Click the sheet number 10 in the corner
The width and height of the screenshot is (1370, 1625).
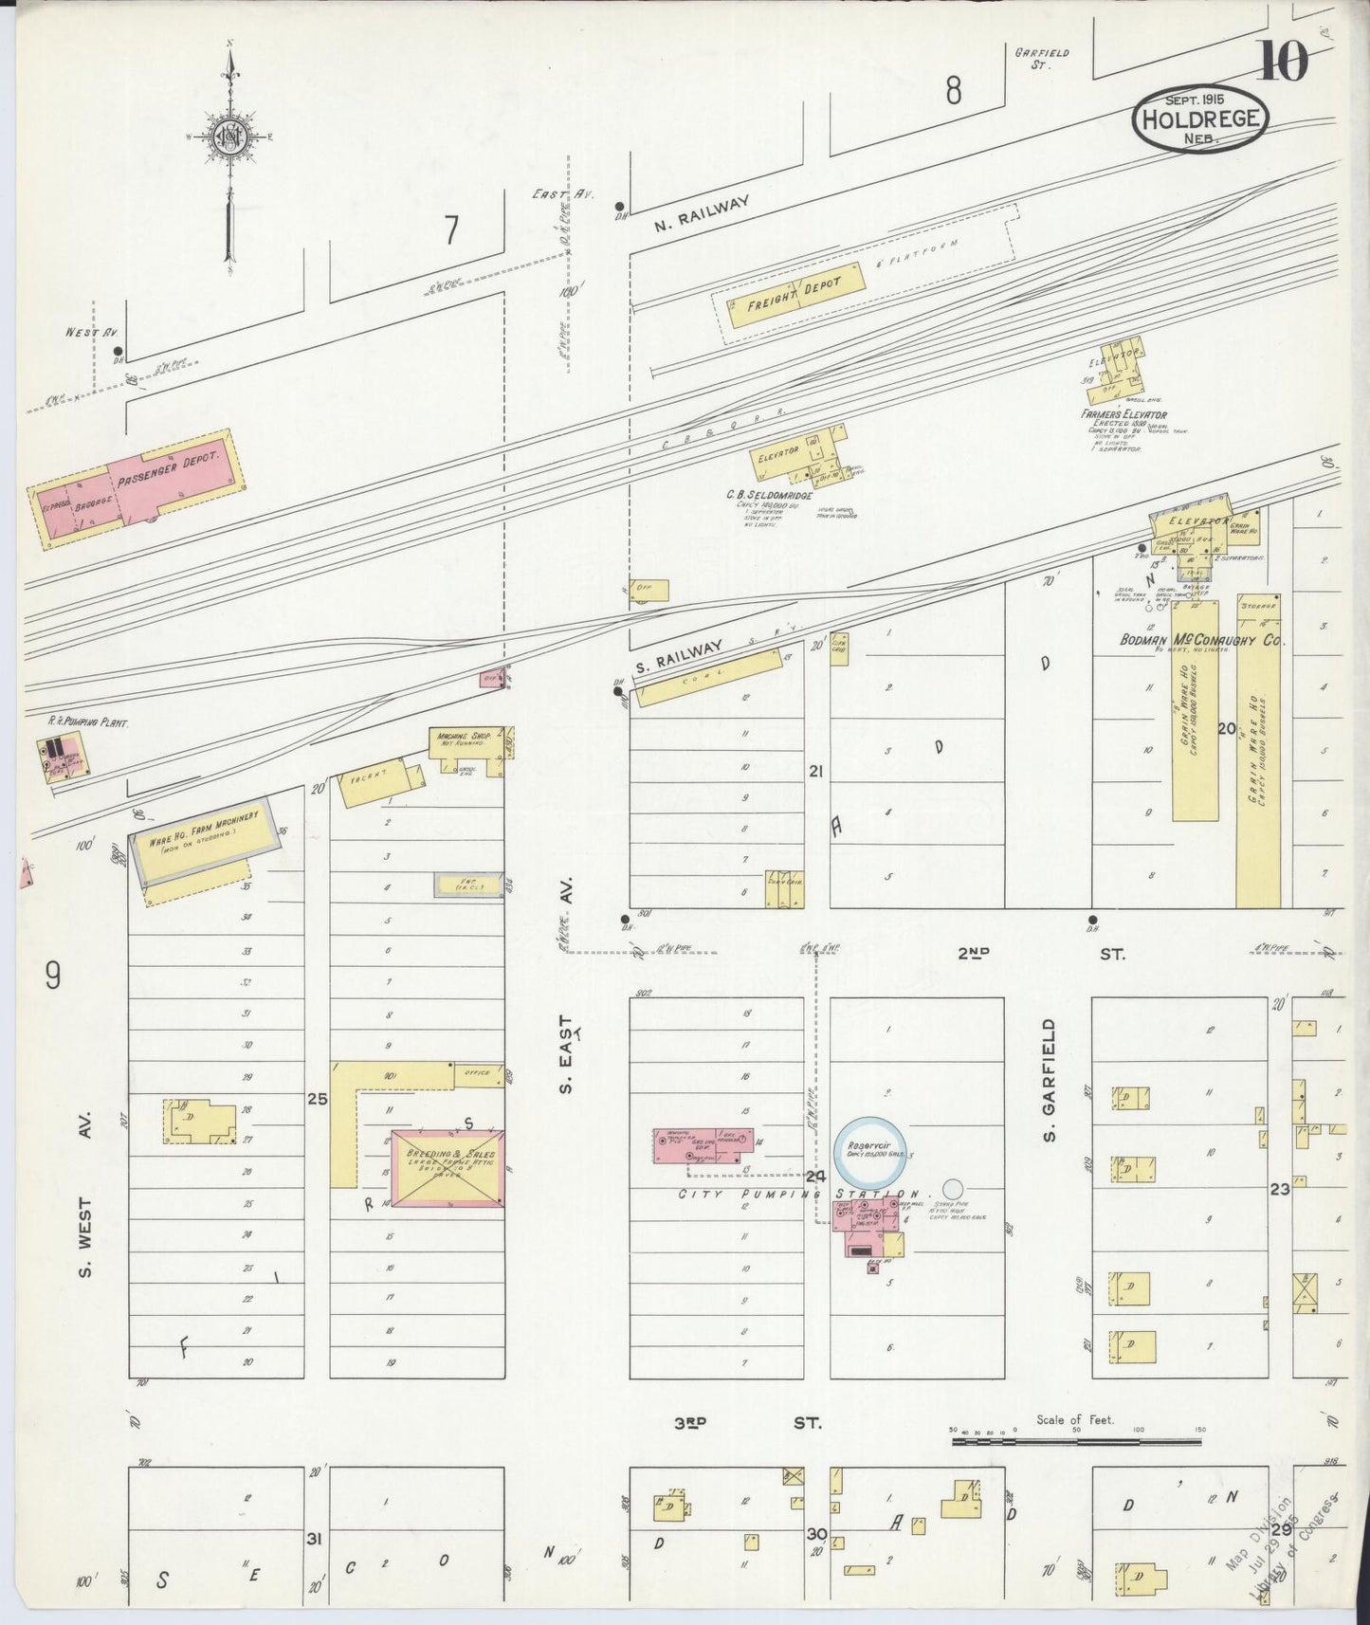tap(1283, 63)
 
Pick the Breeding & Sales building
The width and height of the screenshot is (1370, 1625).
tap(448, 1168)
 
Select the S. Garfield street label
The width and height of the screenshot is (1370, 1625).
tap(1049, 1081)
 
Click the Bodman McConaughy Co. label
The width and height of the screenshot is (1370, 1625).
tap(1201, 641)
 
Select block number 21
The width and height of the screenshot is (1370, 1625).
tap(814, 772)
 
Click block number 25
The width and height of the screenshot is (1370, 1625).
tap(317, 1099)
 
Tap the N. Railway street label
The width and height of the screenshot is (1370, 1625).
tap(702, 214)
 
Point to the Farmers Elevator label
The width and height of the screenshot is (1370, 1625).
tap(1123, 414)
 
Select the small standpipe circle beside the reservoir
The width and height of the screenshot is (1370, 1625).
tap(954, 1187)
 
